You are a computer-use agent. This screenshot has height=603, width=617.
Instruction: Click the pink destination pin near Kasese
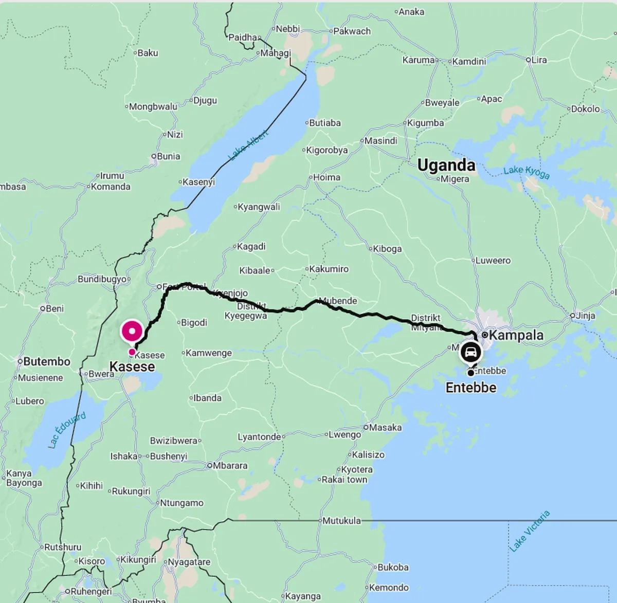click(x=132, y=331)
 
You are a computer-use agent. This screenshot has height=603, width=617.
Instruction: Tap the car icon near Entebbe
click(x=470, y=353)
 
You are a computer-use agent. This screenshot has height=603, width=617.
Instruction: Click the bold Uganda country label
click(x=446, y=165)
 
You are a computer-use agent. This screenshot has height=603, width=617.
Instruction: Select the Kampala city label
click(x=516, y=335)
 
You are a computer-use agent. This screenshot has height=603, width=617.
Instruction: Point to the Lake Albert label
click(x=248, y=145)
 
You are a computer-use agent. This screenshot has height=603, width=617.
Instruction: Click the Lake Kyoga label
click(x=526, y=172)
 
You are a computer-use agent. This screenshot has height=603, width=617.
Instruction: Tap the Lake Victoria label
click(x=530, y=531)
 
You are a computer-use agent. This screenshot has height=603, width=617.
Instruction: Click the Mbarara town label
click(x=230, y=466)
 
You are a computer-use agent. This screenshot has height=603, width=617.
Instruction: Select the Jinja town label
click(x=586, y=316)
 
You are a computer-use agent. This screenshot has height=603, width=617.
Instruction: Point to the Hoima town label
click(x=326, y=177)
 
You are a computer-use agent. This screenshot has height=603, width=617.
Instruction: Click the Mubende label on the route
click(x=338, y=301)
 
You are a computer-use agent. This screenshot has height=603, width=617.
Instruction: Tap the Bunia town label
click(x=168, y=156)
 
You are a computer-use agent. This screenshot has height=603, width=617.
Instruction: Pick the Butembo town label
click(x=46, y=362)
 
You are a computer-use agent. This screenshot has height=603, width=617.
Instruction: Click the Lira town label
click(x=539, y=60)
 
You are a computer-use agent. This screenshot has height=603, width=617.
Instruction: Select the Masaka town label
click(x=385, y=427)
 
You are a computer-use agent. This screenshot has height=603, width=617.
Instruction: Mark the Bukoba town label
click(x=393, y=568)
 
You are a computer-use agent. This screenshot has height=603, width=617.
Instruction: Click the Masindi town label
click(x=380, y=141)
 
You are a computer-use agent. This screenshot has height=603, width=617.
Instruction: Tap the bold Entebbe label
click(x=471, y=388)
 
